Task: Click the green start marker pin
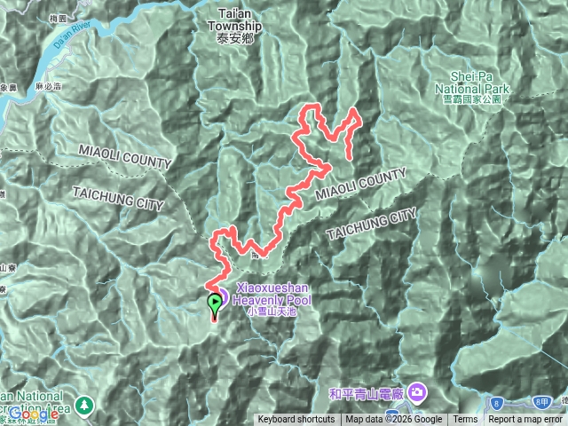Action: [x=215, y=305]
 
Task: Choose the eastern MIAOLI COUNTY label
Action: [x=361, y=183]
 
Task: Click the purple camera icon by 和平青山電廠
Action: [x=418, y=391]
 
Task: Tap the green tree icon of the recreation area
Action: [x=84, y=405]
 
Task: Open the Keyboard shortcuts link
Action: [x=296, y=420]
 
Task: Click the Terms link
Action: [x=465, y=420]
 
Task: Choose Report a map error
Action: [x=527, y=420]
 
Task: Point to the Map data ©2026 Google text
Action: [x=394, y=420]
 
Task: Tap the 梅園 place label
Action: [x=84, y=17]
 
